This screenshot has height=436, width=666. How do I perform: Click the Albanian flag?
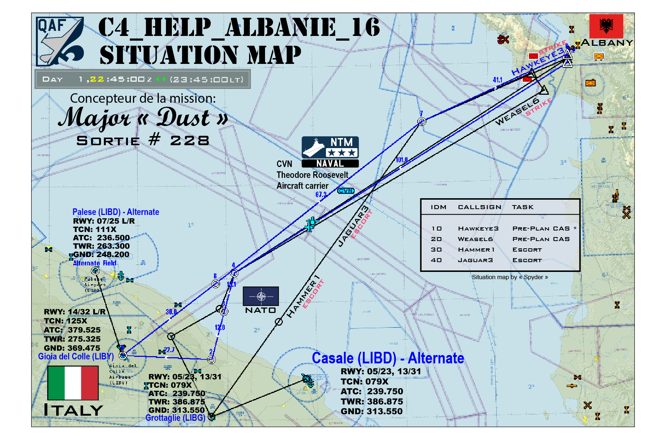(606, 26)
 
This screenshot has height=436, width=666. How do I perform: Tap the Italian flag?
(73, 383)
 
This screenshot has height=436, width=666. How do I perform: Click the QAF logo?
(60, 41)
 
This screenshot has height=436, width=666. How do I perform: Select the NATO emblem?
(261, 296)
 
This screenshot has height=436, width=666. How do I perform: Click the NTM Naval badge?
(330, 152)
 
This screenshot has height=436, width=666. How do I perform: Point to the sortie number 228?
(190, 140)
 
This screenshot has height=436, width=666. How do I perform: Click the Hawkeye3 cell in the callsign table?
(478, 229)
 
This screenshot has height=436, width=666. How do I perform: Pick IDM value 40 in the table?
(436, 260)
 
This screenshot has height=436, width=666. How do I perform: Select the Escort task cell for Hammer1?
(527, 250)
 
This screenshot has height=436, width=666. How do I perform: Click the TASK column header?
(522, 207)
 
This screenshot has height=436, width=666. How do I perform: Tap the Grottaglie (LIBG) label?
(175, 418)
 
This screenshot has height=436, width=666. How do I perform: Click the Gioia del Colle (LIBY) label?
(76, 356)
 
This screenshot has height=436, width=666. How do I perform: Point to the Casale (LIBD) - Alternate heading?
(388, 358)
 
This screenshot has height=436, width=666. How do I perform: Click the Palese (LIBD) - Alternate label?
(116, 212)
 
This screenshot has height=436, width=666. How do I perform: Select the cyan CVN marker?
(346, 191)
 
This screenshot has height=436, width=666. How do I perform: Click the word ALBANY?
(607, 43)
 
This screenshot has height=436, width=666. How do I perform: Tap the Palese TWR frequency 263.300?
(113, 246)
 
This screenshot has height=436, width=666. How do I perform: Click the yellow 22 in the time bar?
(97, 80)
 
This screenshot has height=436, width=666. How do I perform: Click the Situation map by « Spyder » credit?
(509, 277)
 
